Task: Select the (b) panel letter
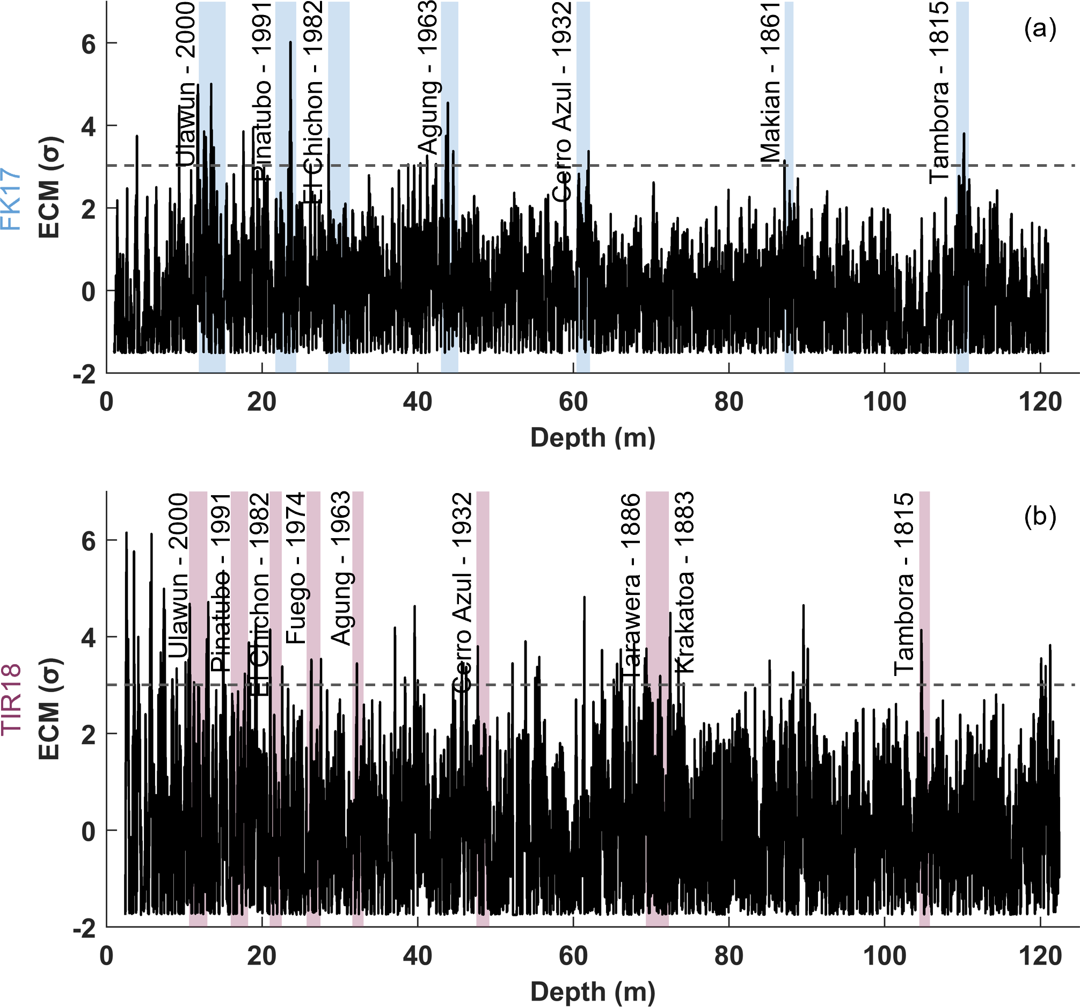click(x=1040, y=516)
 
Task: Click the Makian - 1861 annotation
click(x=770, y=82)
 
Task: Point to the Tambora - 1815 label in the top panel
click(x=939, y=92)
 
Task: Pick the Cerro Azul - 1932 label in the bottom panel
click(x=462, y=592)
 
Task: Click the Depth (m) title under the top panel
click(x=593, y=438)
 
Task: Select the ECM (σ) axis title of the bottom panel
click(x=49, y=708)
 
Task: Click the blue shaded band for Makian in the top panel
click(x=789, y=271)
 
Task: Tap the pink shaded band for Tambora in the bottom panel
click(x=924, y=814)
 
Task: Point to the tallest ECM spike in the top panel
click(x=290, y=42)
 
